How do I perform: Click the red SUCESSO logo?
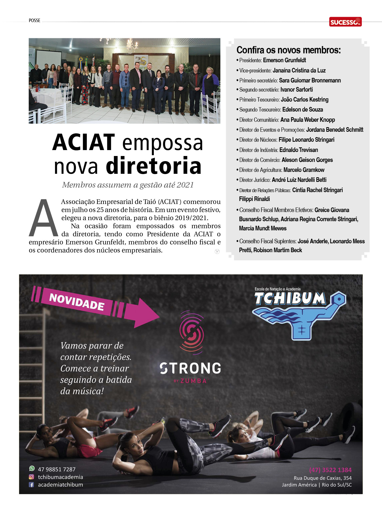345,22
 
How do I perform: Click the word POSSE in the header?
34,20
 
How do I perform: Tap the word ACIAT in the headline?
84,143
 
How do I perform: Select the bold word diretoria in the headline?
154,166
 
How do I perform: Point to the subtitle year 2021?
185,185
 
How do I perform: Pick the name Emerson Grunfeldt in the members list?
284,60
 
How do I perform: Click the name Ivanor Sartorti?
296,90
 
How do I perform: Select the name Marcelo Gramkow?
304,170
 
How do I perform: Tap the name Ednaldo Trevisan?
298,150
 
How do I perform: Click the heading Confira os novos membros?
289,50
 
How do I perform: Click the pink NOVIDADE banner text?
77,302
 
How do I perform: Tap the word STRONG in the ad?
190,368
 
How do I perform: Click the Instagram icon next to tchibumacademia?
32,477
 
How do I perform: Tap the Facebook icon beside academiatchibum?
32,485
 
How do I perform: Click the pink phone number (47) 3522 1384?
330,470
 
